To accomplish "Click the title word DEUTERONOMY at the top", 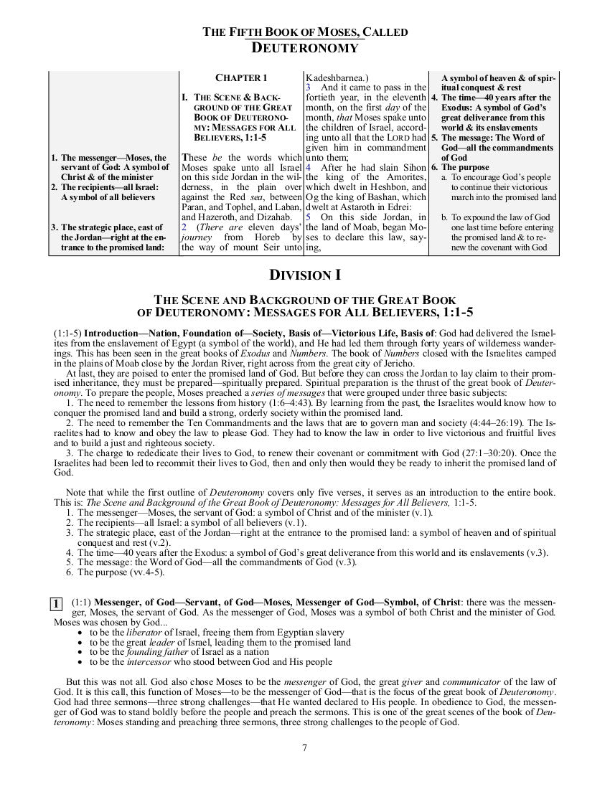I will click(x=305, y=48).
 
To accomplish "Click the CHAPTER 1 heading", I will click(x=241, y=77).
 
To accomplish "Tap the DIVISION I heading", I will click(x=305, y=275).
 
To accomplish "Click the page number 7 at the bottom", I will click(x=305, y=747).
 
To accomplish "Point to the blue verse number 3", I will click(x=307, y=88).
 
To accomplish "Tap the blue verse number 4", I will click(x=307, y=168).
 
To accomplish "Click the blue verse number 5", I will click(x=307, y=217).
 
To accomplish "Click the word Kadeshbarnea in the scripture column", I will click(x=336, y=77).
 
